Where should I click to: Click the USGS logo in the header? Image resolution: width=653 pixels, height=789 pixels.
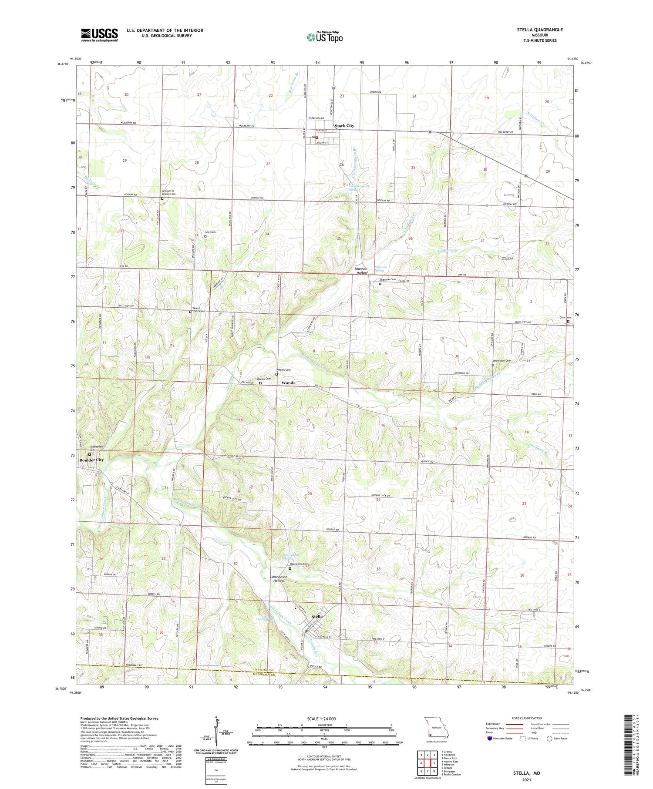pyautogui.click(x=99, y=35)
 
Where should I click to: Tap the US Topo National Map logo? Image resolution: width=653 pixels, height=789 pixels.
pyautogui.click(x=324, y=37)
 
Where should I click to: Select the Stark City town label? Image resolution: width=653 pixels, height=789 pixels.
pyautogui.click(x=344, y=125)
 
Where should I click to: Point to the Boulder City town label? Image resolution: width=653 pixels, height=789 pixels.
pyautogui.click(x=91, y=460)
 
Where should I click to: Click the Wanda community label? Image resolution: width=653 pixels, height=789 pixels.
pyautogui.click(x=288, y=383)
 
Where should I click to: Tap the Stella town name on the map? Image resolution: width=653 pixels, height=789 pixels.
pyautogui.click(x=317, y=617)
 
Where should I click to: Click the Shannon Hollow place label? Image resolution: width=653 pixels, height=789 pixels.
pyautogui.click(x=361, y=271)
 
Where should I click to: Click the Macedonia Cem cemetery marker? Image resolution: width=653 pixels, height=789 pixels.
pyautogui.click(x=290, y=568)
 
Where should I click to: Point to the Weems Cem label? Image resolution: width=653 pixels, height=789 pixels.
pyautogui.click(x=283, y=370)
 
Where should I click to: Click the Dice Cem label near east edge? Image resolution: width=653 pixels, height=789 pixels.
pyautogui.click(x=565, y=318)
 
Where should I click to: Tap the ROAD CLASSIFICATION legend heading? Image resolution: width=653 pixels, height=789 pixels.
pyautogui.click(x=527, y=718)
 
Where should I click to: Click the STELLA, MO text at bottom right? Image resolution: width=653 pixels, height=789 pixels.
pyautogui.click(x=526, y=773)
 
